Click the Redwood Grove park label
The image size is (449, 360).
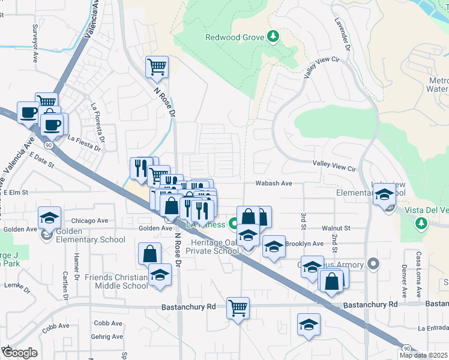point(235,37)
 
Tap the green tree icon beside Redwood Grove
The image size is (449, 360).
point(273,37)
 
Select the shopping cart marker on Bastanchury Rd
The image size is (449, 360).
point(238,308)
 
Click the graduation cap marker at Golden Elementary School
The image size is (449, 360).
point(49,217)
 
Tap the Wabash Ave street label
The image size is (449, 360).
point(273,184)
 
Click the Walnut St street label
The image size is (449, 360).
point(336,229)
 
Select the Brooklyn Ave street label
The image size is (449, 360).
point(304,244)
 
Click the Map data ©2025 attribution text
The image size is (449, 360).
point(424,355)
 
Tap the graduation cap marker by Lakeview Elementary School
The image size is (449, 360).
point(384,194)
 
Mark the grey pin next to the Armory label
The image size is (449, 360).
point(373,264)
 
